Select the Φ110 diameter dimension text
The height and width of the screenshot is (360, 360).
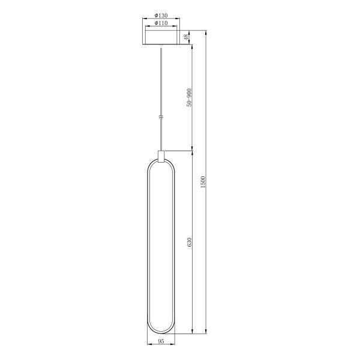coord(160,23)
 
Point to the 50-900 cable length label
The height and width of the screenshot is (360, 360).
coord(188,97)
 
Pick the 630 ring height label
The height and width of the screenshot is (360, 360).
coord(188,242)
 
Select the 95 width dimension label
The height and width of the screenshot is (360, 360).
coord(161,341)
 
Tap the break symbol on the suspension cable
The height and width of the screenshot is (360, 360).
coord(160,116)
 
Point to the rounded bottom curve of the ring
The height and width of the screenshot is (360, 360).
coord(161,332)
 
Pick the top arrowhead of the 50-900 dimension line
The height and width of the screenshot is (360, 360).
coord(192,46)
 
